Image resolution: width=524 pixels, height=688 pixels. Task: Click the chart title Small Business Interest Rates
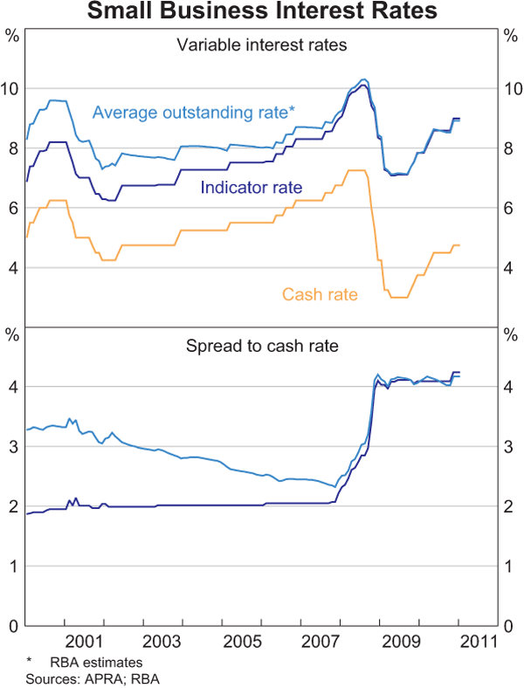coord(262,11)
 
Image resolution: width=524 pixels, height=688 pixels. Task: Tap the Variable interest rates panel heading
coord(262,45)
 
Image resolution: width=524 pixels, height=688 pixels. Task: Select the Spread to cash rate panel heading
coord(262,346)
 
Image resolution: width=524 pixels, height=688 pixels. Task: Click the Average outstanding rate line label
coord(193,112)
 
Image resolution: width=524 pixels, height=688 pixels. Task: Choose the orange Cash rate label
coord(320,294)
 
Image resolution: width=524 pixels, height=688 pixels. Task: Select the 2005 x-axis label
coord(240,642)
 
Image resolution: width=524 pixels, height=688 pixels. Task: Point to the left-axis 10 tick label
coord(11,89)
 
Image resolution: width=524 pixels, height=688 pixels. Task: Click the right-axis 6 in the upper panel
coord(511,208)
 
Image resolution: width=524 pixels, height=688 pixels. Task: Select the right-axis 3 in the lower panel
coord(511,446)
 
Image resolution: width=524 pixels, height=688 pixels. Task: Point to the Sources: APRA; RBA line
coord(80,678)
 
